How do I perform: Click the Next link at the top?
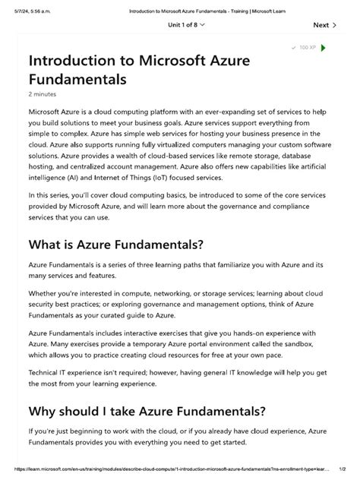pyautogui.click(x=321, y=25)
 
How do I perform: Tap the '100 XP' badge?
pyautogui.click(x=308, y=48)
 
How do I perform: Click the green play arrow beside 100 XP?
pyautogui.click(x=324, y=48)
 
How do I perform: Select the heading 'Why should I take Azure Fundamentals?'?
pyautogui.click(x=147, y=411)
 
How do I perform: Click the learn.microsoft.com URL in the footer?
pyautogui.click(x=167, y=470)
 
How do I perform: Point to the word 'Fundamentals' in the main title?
pyautogui.click(x=77, y=78)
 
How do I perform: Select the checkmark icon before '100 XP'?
pyautogui.click(x=293, y=48)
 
